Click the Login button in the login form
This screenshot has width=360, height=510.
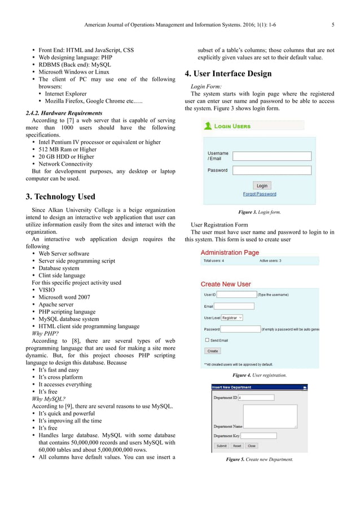coord(262,185)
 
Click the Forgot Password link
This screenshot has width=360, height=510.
coord(260,194)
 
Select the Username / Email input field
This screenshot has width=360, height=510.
coord(264,156)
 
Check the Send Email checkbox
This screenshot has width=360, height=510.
coord(207,340)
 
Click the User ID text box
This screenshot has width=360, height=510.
coord(236,294)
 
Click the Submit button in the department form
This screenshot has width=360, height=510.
coord(221,446)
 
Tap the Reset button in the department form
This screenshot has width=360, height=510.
coord(237,446)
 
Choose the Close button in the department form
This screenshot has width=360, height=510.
coord(252,446)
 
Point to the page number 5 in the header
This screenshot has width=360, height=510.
coord(333,24)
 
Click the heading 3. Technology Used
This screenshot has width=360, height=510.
coord(60,197)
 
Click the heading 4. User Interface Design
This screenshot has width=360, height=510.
coord(228,74)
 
